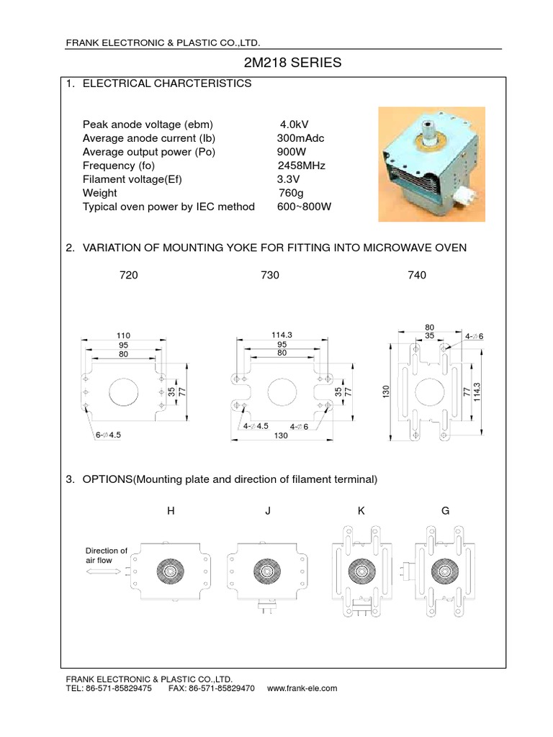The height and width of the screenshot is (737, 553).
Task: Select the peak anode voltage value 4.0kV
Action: pyautogui.click(x=295, y=124)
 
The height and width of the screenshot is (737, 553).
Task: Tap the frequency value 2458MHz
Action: pyautogui.click(x=301, y=166)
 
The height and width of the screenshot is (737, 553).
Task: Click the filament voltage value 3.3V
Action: pyautogui.click(x=289, y=179)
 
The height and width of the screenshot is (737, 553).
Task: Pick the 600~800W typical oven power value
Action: pyautogui.click(x=304, y=207)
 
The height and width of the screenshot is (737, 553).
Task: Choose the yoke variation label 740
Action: pyautogui.click(x=417, y=275)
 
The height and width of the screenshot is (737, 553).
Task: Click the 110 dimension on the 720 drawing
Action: pyautogui.click(x=122, y=335)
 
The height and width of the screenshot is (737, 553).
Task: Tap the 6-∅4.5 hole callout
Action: pyautogui.click(x=108, y=435)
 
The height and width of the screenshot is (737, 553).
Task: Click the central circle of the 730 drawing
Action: pyautogui.click(x=282, y=392)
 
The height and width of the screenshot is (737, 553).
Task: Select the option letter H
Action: pyautogui.click(x=171, y=511)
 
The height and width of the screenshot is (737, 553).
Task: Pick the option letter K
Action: pyautogui.click(x=361, y=511)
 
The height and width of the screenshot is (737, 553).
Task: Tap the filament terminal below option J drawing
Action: pyautogui.click(x=266, y=609)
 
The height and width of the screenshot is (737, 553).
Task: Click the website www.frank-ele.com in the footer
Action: pyautogui.click(x=302, y=688)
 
